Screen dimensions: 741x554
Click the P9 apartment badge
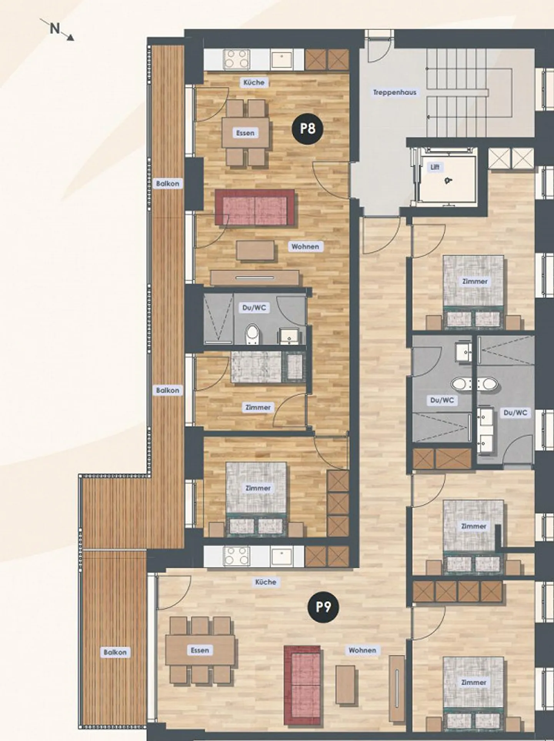(x=324, y=607)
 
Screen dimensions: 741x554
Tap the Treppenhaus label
(x=394, y=93)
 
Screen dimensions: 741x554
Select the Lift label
(x=435, y=167)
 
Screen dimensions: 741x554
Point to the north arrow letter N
(x=55, y=28)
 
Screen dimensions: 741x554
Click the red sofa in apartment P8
(x=255, y=207)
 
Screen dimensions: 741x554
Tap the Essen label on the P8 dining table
(x=245, y=133)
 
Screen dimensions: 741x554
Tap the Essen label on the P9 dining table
(x=200, y=650)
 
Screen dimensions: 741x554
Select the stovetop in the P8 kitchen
(x=237, y=59)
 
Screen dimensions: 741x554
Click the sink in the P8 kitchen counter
(x=282, y=60)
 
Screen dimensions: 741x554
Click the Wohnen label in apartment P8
(x=305, y=247)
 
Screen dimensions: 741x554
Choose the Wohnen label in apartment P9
(x=362, y=650)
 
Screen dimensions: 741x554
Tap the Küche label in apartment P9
(x=265, y=582)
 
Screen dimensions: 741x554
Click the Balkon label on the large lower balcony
(x=115, y=652)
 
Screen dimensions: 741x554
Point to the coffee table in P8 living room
(x=256, y=250)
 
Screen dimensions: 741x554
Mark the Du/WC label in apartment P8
(x=254, y=308)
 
